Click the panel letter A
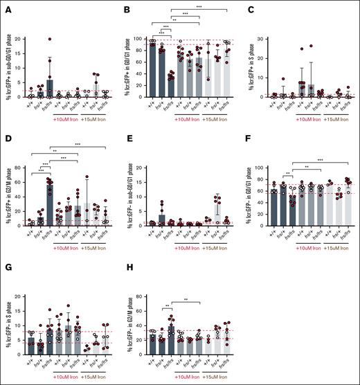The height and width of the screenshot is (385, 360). [5, 6]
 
